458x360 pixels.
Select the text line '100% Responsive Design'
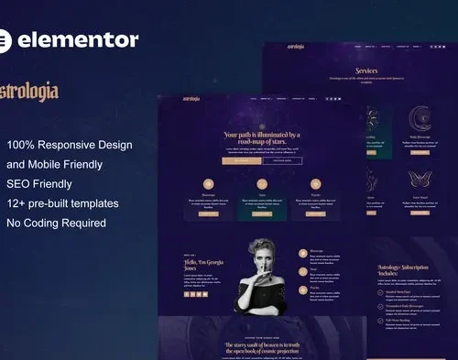pos(70,145)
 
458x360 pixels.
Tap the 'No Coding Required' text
pos(57,223)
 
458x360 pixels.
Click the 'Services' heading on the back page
pos(365,70)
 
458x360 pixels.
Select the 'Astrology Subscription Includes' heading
pos(404,270)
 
